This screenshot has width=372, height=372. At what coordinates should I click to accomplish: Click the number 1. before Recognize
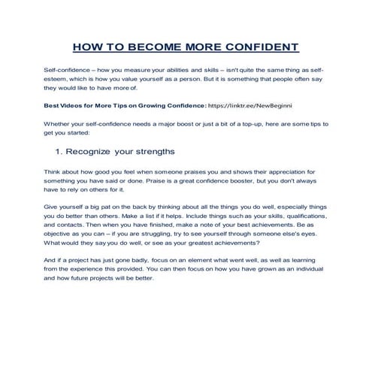point(59,150)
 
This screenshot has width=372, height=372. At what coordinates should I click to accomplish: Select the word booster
point(237,181)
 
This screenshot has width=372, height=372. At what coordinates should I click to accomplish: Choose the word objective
point(60,234)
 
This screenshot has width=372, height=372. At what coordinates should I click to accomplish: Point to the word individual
point(311,269)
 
